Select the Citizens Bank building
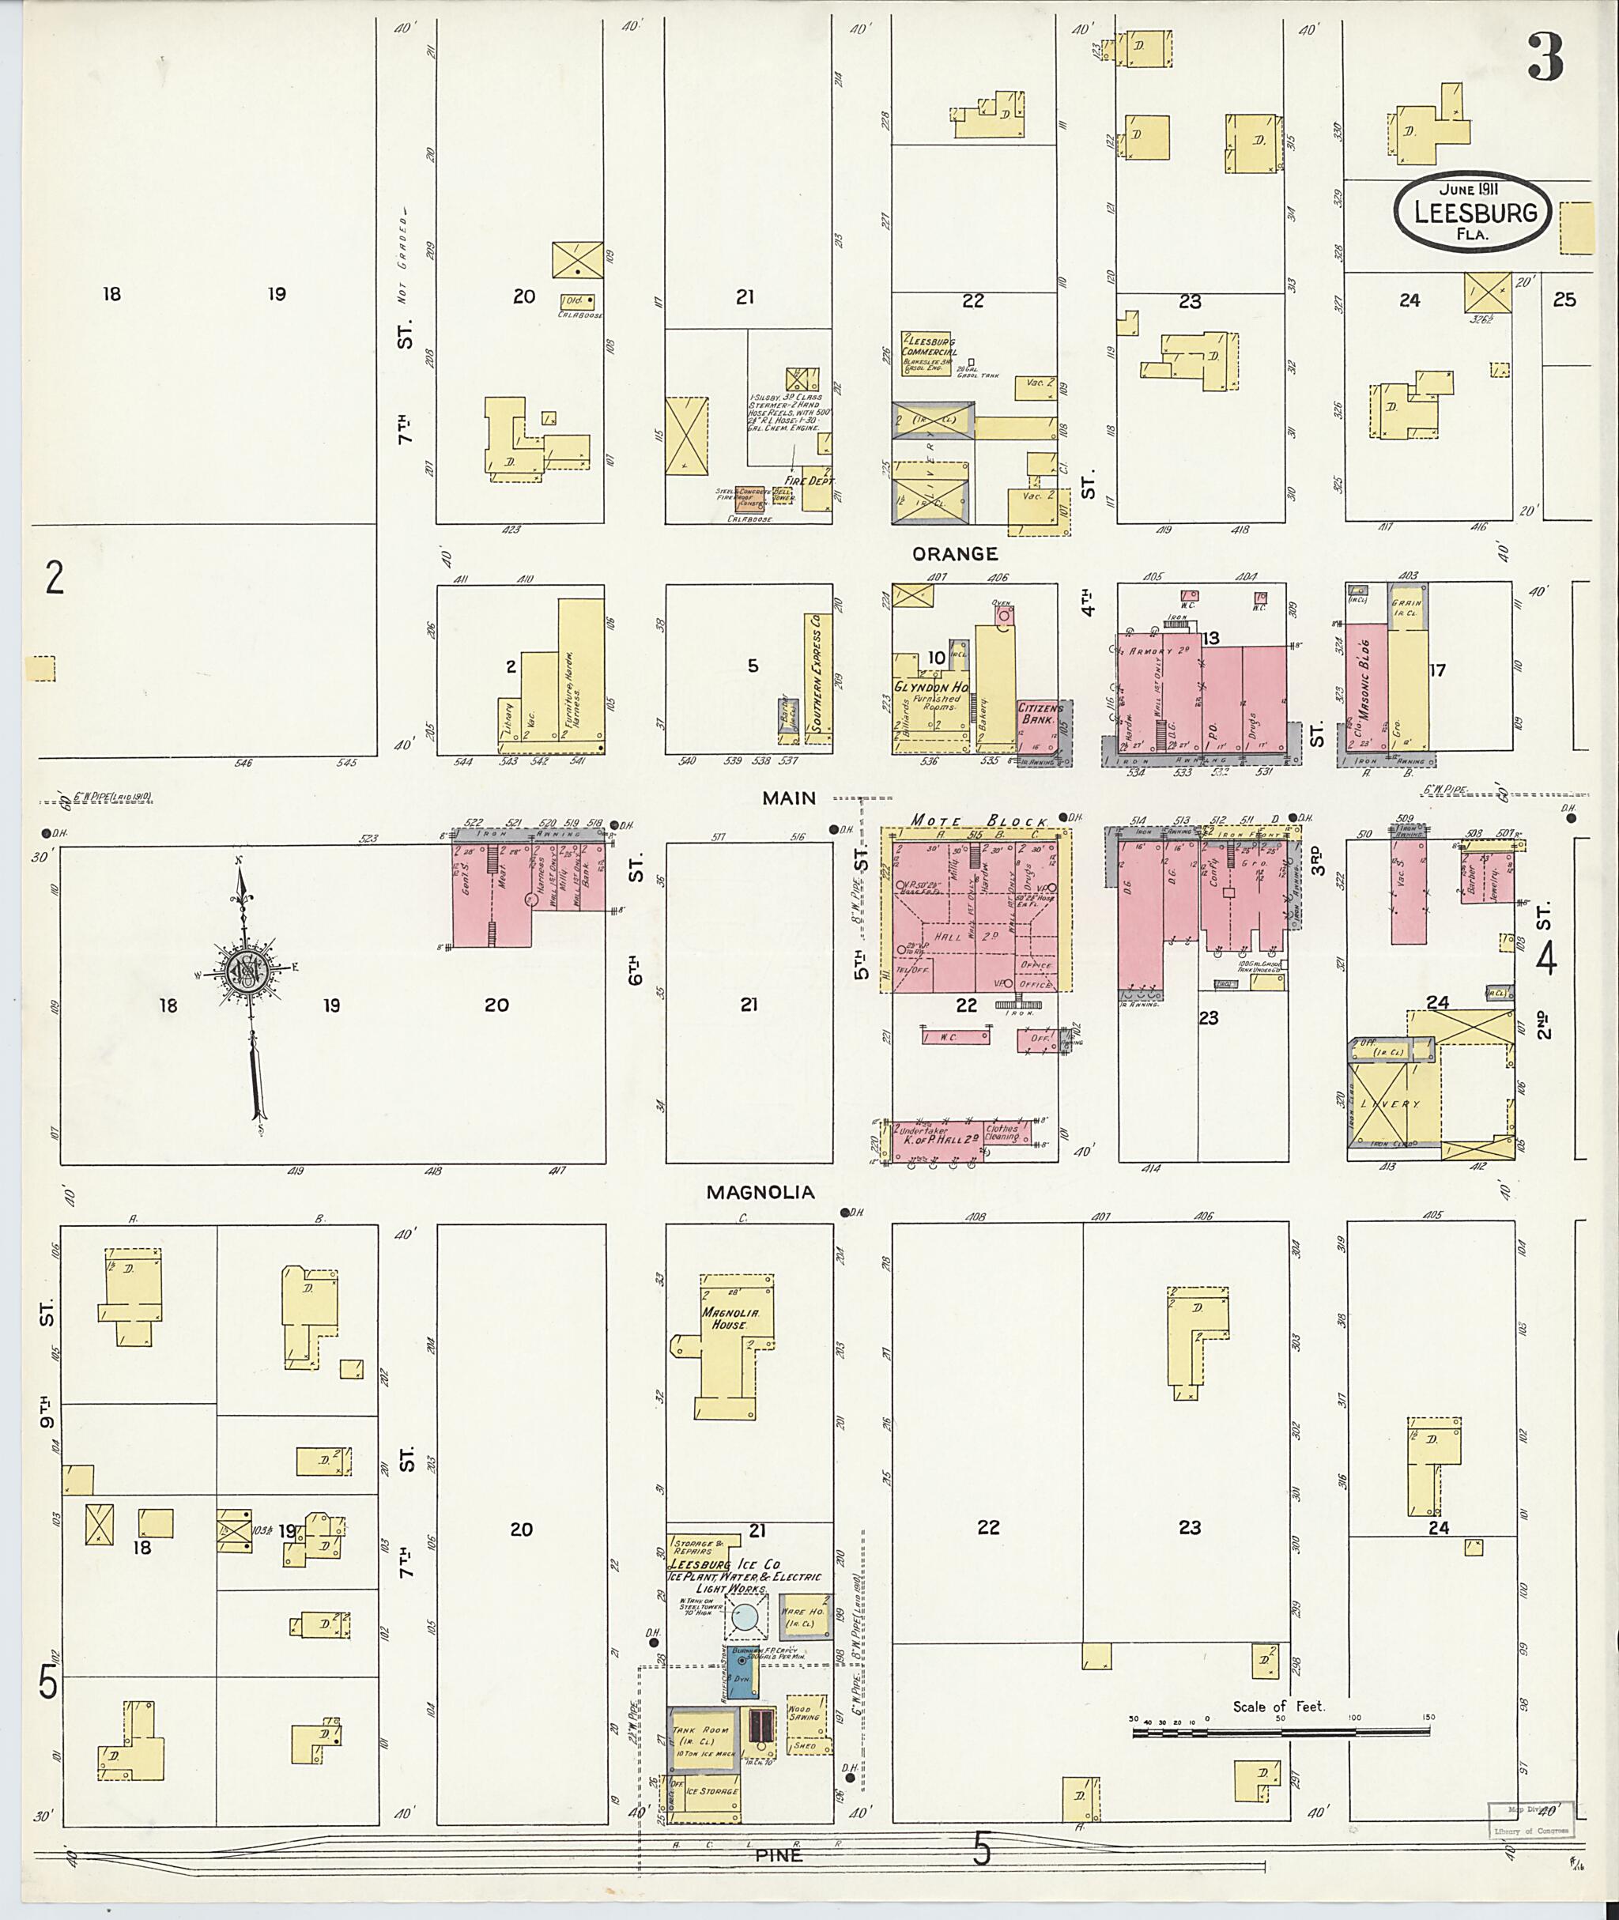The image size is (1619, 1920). click(x=1039, y=726)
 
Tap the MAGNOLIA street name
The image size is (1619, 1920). click(x=760, y=1192)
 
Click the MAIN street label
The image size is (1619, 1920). click(x=788, y=798)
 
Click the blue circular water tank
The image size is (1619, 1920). click(x=746, y=1617)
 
